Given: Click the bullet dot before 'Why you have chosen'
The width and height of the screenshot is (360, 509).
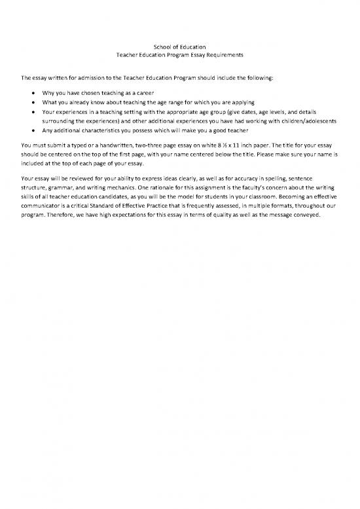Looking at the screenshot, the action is [33, 92].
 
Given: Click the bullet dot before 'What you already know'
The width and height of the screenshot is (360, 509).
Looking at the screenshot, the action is [33, 102].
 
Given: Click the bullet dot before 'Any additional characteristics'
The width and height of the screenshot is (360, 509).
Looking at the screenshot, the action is [33, 132].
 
